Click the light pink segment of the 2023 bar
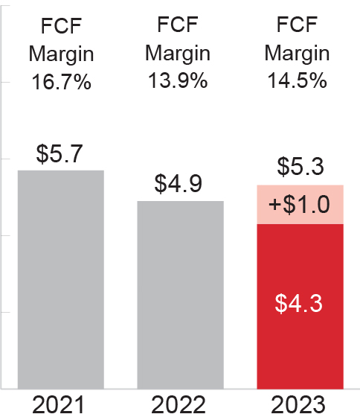tap(299, 204)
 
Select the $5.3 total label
tap(299, 168)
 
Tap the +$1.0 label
tap(299, 204)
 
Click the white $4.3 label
tap(299, 304)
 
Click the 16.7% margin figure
tap(61, 81)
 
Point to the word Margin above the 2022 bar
tap(178, 53)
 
